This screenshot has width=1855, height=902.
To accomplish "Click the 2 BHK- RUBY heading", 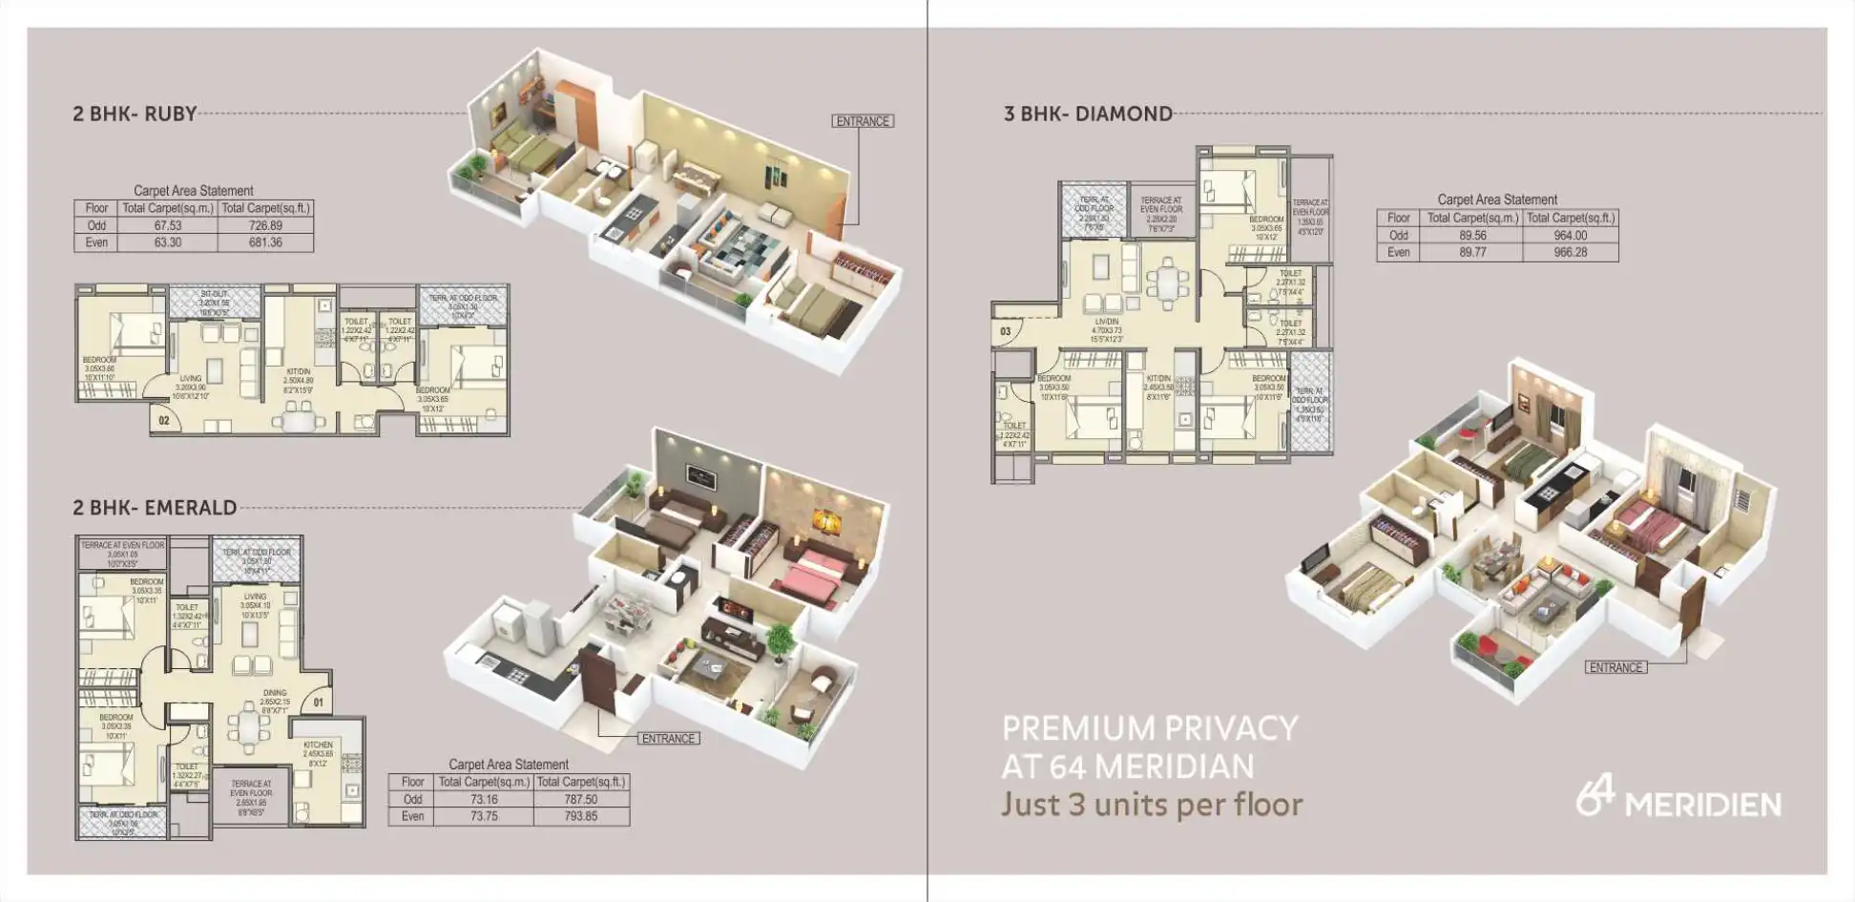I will (135, 115).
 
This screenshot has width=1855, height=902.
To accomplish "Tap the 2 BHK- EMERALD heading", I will (155, 508).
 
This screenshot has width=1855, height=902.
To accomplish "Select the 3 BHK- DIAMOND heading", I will (1088, 115).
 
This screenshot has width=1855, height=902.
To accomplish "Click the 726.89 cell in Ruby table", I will (265, 226).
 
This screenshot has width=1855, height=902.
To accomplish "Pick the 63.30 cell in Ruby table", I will (168, 243).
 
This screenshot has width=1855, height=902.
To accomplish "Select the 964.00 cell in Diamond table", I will (1570, 236).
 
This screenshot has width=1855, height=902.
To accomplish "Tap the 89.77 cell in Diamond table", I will (1472, 253).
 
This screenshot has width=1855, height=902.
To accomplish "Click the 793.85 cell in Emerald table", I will (580, 817).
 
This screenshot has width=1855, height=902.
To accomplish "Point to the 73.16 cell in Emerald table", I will (484, 800).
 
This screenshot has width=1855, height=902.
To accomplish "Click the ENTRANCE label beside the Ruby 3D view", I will (863, 122).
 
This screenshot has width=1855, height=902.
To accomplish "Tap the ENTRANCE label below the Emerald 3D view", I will (668, 739).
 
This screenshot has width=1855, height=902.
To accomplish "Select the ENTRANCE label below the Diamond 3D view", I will (1615, 668).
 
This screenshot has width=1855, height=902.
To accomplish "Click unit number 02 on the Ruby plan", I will (164, 420).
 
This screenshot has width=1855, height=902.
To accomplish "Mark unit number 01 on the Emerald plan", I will (319, 703).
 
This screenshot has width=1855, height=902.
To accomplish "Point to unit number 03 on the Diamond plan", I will (1006, 331).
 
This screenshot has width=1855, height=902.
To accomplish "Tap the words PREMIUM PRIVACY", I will (1150, 729).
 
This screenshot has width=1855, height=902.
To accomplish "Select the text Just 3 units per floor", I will (1152, 806).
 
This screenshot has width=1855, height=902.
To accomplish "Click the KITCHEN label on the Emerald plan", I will (319, 745).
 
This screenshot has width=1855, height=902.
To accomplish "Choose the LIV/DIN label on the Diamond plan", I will (1107, 323).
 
